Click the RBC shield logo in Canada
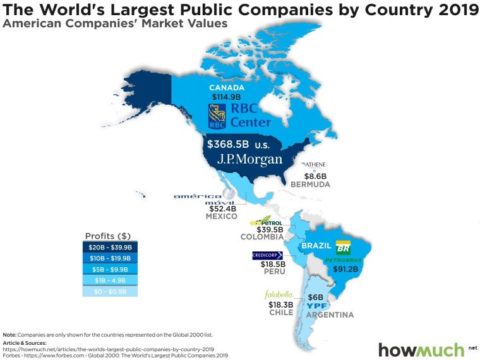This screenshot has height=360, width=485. (217, 116)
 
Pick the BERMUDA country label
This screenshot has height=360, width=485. (311, 185)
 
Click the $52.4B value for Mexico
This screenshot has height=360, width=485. (222, 208)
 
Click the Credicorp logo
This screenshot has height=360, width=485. (267, 255)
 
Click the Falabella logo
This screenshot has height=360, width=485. (279, 295)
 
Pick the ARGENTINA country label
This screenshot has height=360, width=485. (330, 315)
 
